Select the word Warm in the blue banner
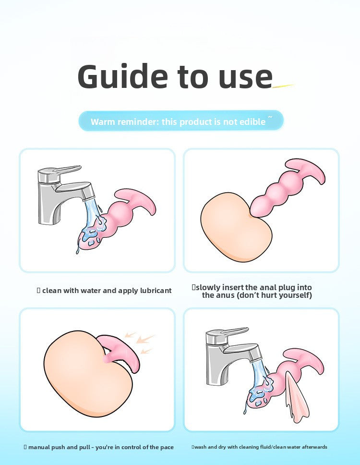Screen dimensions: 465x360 pyautogui.click(x=103, y=122)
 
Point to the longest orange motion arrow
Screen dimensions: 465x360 pyautogui.click(x=145, y=340)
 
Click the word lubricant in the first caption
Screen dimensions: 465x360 pyautogui.click(x=155, y=291)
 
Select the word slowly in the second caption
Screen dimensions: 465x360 pyautogui.click(x=207, y=287)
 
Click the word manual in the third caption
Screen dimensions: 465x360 pyautogui.click(x=40, y=447)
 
